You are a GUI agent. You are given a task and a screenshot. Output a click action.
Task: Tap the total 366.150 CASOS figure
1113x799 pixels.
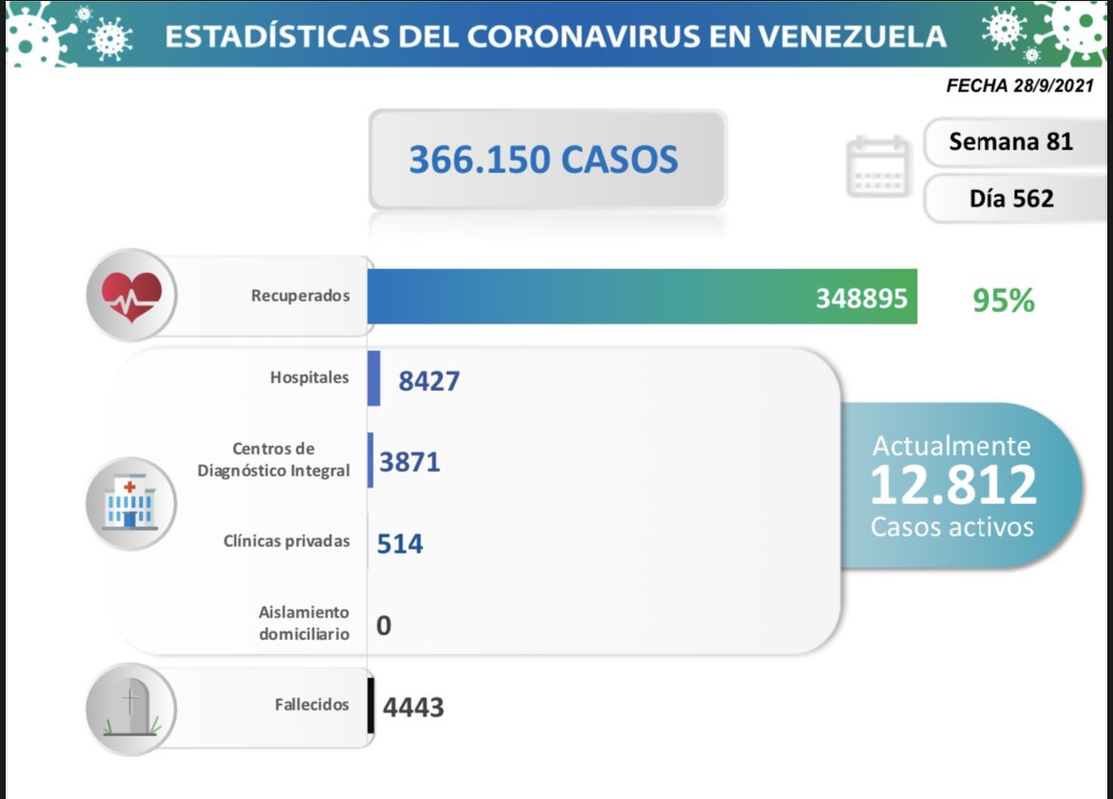coord(543,159)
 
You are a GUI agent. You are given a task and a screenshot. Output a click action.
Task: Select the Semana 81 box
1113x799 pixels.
coord(1011,143)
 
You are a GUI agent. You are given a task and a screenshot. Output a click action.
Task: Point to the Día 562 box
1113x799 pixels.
coord(1011,199)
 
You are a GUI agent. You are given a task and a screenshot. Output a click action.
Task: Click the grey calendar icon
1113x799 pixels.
coord(878,167)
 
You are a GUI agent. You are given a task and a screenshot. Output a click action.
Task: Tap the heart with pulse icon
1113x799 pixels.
coord(131,295)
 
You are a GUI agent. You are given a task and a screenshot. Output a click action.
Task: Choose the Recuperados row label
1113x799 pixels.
coord(301,296)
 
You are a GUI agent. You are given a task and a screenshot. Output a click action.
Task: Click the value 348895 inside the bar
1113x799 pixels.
coord(861,299)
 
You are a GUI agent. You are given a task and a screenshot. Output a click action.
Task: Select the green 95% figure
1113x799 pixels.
coord(1003,301)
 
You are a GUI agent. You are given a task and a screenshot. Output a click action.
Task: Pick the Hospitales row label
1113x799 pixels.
coord(309,378)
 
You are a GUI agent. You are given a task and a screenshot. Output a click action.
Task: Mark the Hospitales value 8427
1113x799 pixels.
coord(429,381)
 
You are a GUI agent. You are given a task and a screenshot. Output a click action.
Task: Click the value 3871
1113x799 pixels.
coord(409,463)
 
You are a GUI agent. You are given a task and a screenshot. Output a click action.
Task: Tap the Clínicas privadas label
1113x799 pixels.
coord(286,541)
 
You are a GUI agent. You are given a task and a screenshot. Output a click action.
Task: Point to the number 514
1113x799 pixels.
coord(400,544)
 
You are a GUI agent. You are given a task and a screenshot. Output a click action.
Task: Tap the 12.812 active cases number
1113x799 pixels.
coord(952,486)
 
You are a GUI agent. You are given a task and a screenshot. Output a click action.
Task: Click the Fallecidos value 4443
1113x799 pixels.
coord(413,708)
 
